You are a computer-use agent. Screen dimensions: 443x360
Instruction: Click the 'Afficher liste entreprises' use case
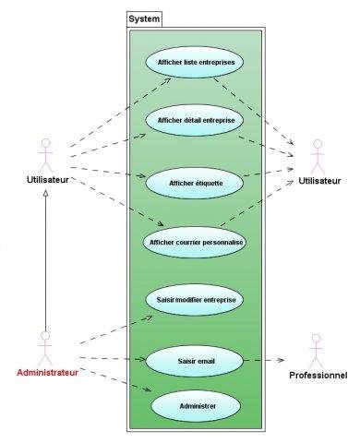[195, 63]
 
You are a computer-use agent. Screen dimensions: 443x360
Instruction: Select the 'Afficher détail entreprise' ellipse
[195, 120]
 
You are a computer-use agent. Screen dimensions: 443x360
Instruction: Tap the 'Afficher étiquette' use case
[195, 183]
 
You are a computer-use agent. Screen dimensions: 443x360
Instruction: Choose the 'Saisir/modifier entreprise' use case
[195, 300]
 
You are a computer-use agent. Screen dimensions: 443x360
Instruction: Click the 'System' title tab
[144, 18]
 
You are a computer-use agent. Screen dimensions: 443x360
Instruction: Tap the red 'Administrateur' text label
[46, 373]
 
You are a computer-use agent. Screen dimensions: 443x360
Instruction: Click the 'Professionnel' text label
[318, 376]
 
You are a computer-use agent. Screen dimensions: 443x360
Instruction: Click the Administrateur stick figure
[43, 346]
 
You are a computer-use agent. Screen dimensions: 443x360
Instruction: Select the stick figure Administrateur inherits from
[43, 152]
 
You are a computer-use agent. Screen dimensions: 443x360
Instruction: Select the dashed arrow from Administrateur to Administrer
[115, 381]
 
